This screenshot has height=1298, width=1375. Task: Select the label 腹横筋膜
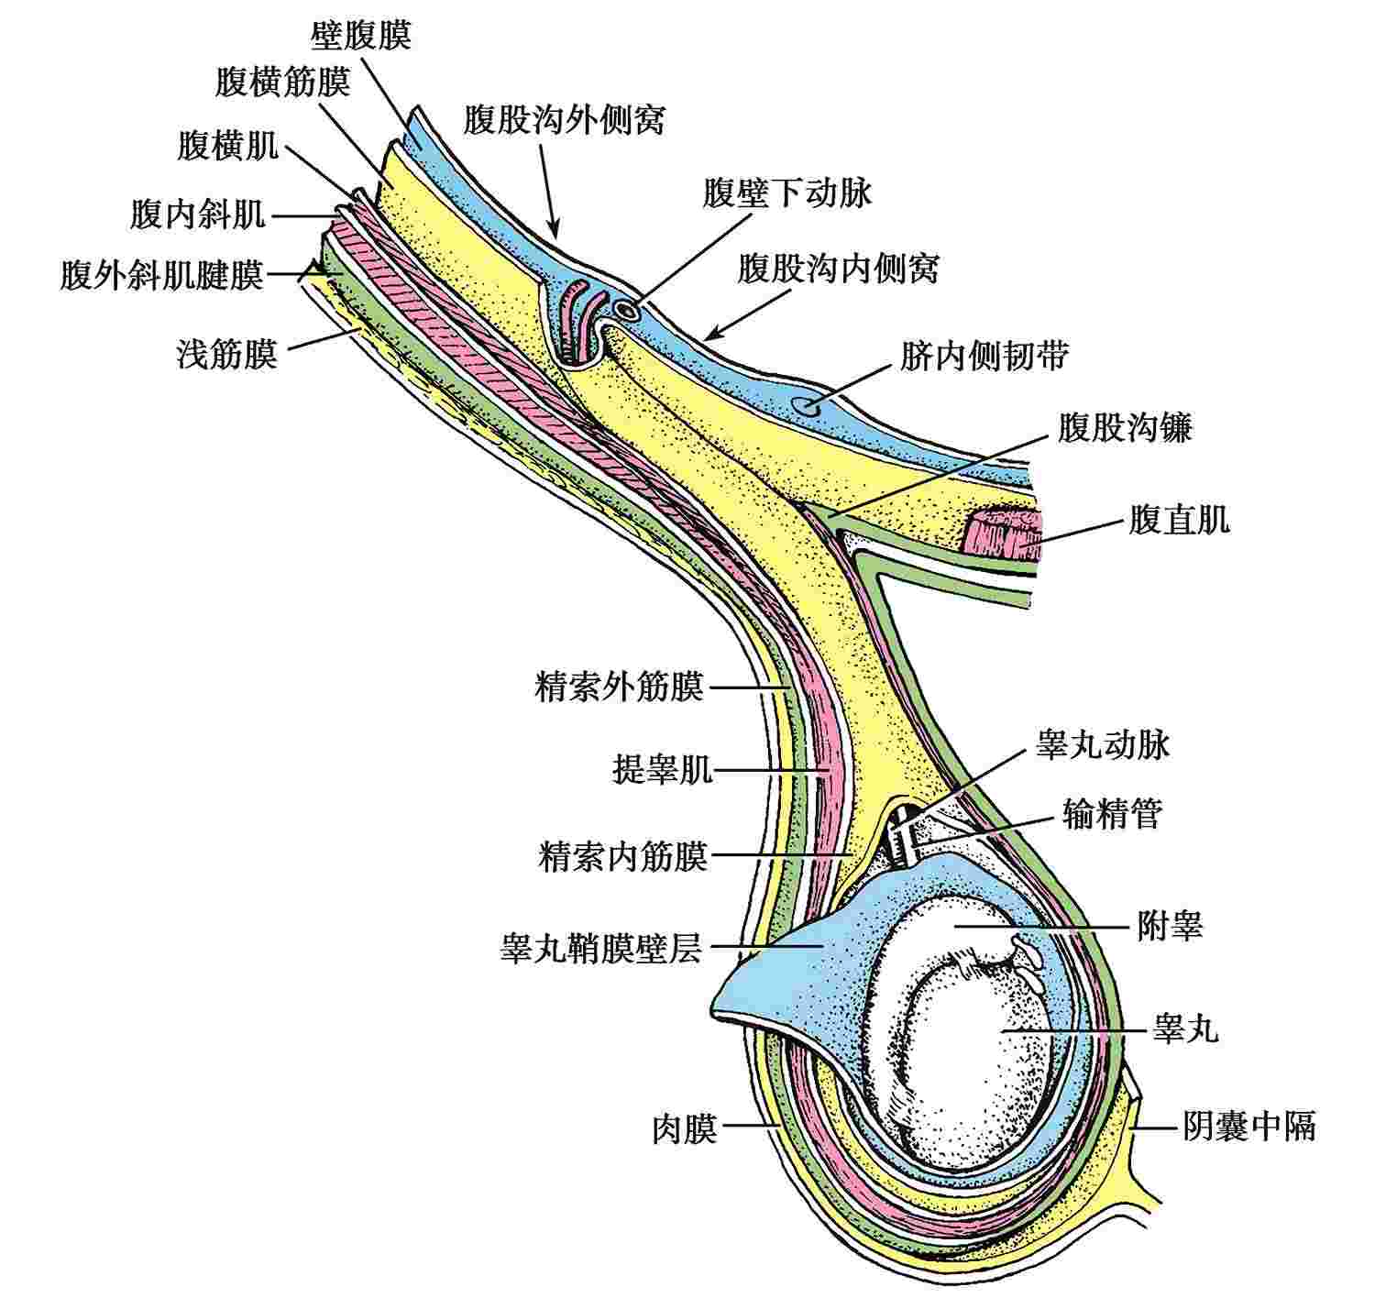(x=283, y=82)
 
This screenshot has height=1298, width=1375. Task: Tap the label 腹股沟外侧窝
(x=564, y=119)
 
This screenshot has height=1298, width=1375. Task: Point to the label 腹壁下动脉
(x=787, y=193)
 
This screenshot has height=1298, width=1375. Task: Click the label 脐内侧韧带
(x=984, y=356)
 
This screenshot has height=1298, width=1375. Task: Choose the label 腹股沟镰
(x=1125, y=427)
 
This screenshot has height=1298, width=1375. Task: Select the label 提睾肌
(x=662, y=770)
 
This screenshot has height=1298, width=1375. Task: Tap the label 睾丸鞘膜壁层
(x=600, y=949)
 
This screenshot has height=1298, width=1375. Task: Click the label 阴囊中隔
(x=1248, y=1126)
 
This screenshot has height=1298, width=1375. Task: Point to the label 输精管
(x=1112, y=812)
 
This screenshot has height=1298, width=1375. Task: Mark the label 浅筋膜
(x=226, y=355)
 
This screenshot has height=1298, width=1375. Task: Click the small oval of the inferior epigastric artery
(x=628, y=310)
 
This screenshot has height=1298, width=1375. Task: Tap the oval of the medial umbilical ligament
(x=809, y=403)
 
